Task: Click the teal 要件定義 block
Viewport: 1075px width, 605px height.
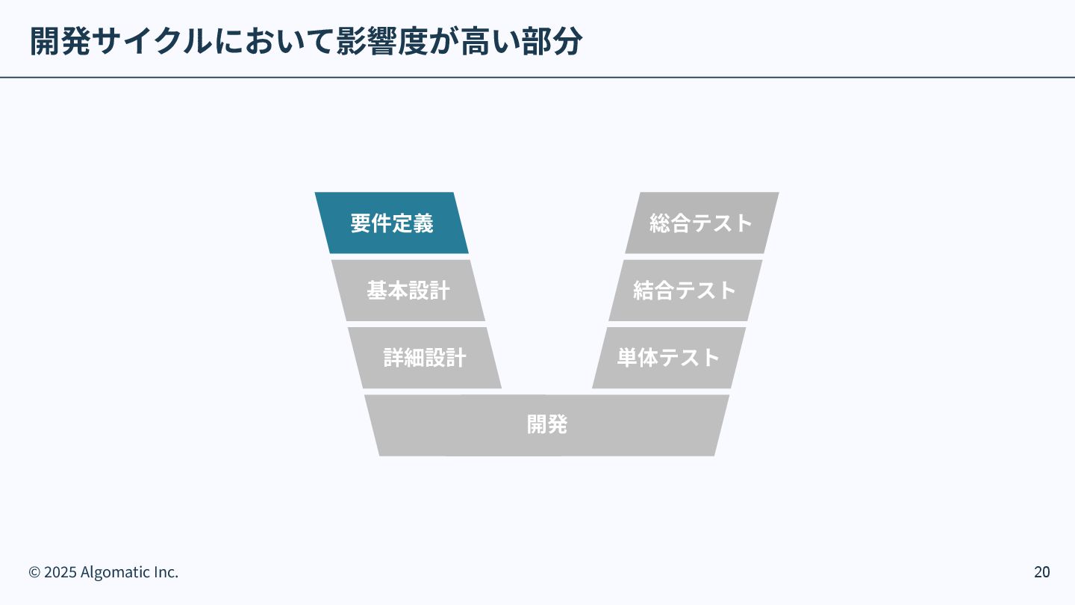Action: pyautogui.click(x=392, y=223)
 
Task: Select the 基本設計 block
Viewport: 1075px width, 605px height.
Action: pyautogui.click(x=408, y=291)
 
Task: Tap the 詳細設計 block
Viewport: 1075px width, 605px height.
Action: pyautogui.click(x=425, y=358)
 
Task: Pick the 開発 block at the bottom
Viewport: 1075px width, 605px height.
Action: pyautogui.click(x=547, y=425)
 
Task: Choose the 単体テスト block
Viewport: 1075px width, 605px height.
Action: pyautogui.click(x=669, y=358)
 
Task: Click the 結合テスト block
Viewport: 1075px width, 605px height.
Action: pyautogui.click(x=685, y=291)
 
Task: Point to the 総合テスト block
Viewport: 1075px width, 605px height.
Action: pyautogui.click(x=702, y=223)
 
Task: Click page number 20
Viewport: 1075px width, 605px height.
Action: pyautogui.click(x=1041, y=572)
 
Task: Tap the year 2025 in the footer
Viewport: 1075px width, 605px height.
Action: pyautogui.click(x=60, y=572)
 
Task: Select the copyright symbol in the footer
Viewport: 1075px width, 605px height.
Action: pyautogui.click(x=34, y=572)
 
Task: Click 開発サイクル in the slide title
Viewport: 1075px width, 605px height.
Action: pyautogui.click(x=121, y=42)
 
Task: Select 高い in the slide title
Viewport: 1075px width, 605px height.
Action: pyautogui.click(x=490, y=42)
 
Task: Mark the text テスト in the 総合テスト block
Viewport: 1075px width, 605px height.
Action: pyautogui.click(x=722, y=223)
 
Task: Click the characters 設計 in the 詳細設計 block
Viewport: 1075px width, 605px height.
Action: pyautogui.click(x=446, y=358)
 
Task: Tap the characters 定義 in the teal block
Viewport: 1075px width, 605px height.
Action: pyautogui.click(x=413, y=223)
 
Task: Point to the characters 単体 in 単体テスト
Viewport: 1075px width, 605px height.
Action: pyautogui.click(x=637, y=358)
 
